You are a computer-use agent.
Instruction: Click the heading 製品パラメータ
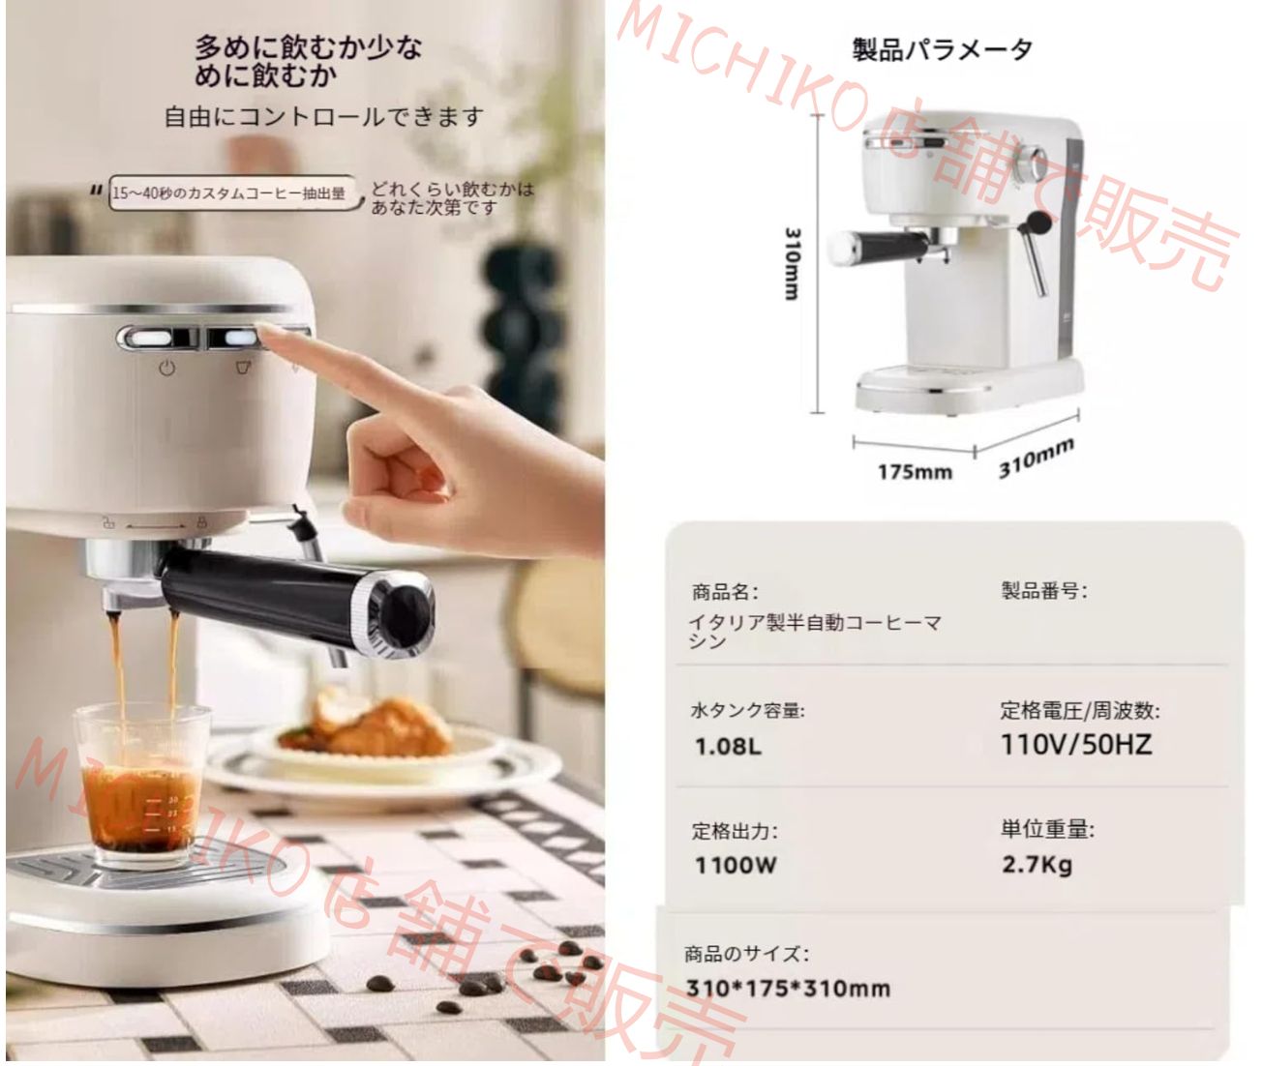click(x=941, y=50)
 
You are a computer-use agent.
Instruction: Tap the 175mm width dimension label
click(x=915, y=472)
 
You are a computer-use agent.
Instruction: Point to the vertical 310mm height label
click(x=792, y=263)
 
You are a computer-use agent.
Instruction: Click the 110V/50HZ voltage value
click(x=1075, y=745)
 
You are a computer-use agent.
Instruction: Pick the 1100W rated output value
click(x=735, y=865)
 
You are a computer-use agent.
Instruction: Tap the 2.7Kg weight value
click(x=1037, y=864)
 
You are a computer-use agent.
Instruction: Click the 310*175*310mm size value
click(x=787, y=989)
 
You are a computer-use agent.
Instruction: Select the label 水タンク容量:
click(x=746, y=711)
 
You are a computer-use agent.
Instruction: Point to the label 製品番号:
click(x=1043, y=591)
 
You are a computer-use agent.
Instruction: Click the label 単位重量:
click(x=1047, y=830)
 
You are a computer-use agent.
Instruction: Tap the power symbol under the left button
click(x=167, y=368)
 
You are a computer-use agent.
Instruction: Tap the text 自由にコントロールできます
click(x=323, y=117)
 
